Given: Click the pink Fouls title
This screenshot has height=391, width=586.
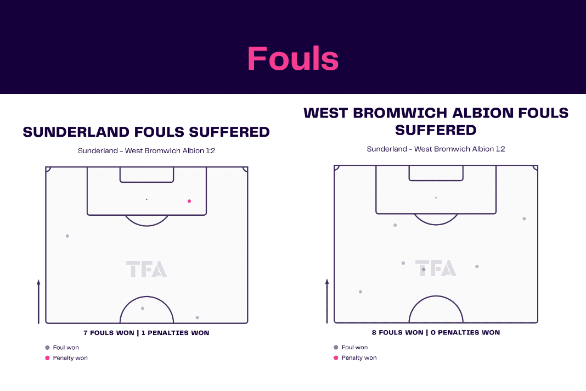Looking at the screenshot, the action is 293,58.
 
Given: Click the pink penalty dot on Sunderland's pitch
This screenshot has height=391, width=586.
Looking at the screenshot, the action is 189,201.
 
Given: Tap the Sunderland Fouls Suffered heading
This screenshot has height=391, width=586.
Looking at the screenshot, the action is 146,132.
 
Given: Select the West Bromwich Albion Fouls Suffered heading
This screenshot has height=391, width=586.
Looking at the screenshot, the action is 436,121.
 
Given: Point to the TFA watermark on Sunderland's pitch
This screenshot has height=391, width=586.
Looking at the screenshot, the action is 146,269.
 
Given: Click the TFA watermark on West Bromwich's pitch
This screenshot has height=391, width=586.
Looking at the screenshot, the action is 436,268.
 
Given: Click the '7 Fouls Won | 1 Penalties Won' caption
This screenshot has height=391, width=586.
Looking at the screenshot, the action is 146,333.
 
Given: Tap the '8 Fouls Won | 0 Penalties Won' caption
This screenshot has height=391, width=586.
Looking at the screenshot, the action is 436,332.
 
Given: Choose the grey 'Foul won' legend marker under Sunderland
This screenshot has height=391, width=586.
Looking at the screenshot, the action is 48,348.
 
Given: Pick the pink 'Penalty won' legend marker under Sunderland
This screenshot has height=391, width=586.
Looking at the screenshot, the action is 48,358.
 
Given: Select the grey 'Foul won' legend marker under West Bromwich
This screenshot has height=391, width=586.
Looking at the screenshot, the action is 336,347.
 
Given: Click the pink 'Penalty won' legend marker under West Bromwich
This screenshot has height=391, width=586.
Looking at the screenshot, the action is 336,358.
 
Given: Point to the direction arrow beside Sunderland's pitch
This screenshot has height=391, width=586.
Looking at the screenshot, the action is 38,301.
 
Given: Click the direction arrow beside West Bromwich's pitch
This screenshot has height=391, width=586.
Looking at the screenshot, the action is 327,301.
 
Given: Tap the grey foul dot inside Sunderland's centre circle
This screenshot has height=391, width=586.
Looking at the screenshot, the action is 143,308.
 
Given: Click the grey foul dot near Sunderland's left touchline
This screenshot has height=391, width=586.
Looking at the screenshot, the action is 67,236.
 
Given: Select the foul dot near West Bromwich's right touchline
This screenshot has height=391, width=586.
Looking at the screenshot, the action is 524,219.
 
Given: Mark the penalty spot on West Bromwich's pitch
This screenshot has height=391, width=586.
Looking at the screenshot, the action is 436,198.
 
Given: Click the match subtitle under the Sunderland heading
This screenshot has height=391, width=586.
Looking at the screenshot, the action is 146,151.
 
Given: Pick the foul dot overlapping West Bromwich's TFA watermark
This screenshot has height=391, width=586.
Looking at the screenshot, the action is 424,270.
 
